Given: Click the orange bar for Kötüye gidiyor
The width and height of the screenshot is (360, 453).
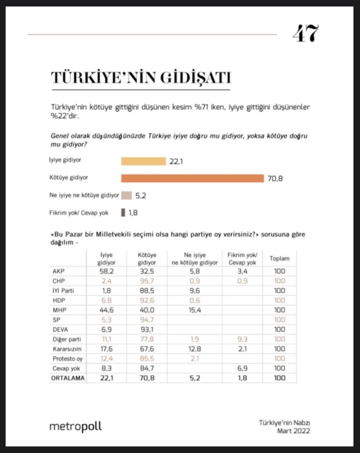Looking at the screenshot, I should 192,178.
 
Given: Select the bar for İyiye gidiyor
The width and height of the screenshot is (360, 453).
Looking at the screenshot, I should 143,161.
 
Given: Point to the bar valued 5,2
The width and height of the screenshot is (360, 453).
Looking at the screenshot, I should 126,196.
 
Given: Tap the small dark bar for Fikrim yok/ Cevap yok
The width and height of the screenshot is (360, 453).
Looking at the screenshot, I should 123,213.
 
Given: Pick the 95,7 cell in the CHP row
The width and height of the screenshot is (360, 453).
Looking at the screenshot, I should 147,281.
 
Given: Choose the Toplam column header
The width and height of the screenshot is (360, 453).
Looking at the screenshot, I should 279,258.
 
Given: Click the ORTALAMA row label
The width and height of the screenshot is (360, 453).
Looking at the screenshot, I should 68,378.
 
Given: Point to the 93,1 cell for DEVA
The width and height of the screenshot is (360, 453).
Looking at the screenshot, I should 147,329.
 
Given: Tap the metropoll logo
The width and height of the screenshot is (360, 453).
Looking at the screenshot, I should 75,426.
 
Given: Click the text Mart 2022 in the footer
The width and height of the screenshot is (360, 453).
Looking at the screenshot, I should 293,431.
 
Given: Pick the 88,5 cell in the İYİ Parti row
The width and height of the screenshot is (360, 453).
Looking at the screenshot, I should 147,291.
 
